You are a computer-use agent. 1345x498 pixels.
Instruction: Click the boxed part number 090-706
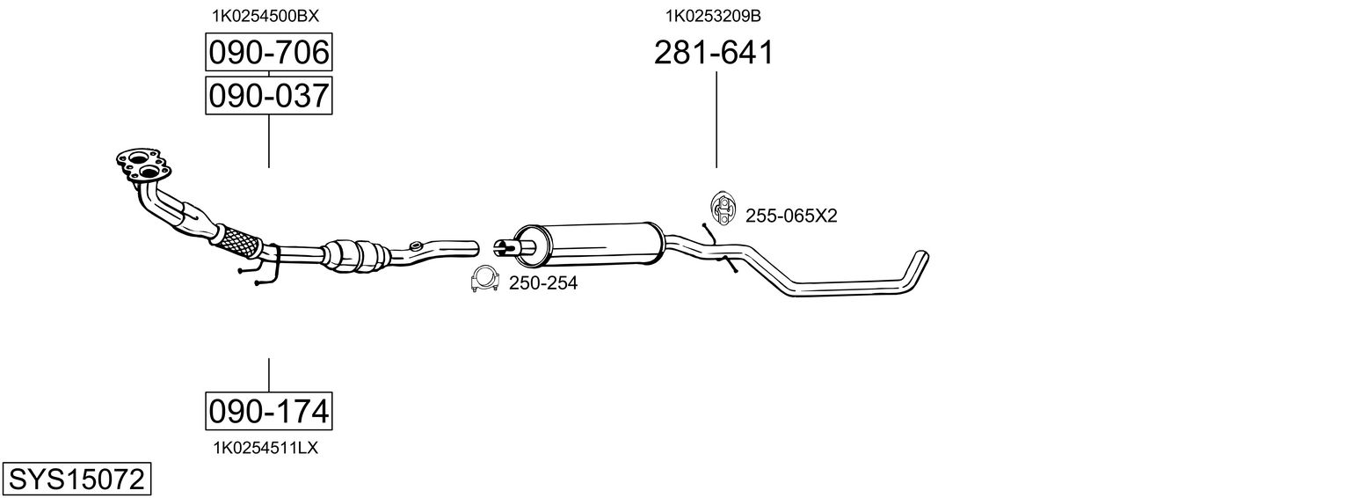[x=268, y=53]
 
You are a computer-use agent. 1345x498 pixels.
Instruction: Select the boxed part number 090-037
[x=268, y=95]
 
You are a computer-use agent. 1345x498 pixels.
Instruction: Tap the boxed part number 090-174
[x=268, y=410]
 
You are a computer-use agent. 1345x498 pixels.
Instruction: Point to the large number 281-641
[x=714, y=53]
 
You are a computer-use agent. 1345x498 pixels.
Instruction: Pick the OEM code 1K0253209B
[x=713, y=15]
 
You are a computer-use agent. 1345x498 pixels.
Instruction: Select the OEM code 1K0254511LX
[x=265, y=448]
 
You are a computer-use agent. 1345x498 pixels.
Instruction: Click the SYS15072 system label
[x=76, y=480]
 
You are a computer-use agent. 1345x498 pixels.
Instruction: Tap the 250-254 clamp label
[x=543, y=283]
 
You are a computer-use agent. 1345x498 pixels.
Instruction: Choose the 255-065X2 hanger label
[x=791, y=216]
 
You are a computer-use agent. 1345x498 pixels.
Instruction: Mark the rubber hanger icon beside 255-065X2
[x=722, y=208]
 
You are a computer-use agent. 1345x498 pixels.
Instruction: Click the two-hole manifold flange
[x=141, y=164]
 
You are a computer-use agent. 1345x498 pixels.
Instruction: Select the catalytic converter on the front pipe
[x=356, y=254]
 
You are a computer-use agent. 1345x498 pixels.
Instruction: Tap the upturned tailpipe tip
[x=918, y=262]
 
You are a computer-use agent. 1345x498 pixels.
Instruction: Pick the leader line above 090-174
[x=268, y=375]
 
